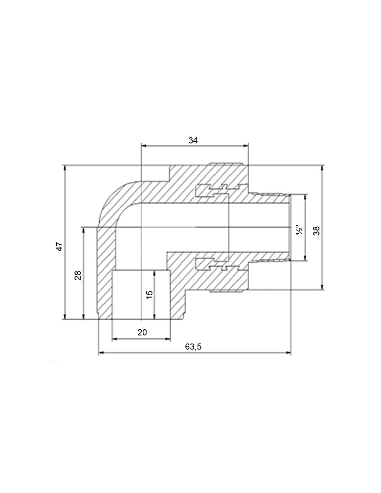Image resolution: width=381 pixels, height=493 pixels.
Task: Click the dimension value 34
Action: point(193,140)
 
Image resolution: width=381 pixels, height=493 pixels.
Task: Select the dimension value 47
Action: point(59,247)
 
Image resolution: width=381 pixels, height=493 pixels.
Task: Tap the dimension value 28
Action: point(78,275)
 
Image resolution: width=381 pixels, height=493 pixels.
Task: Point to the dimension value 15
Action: point(150,295)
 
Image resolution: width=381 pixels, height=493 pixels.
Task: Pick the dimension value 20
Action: point(142,332)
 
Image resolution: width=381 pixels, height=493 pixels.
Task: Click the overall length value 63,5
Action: point(193,347)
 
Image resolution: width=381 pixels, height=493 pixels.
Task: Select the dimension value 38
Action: point(317,231)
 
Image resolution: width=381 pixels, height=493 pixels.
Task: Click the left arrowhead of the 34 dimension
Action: point(143,146)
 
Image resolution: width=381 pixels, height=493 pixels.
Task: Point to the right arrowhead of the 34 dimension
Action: point(246,146)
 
